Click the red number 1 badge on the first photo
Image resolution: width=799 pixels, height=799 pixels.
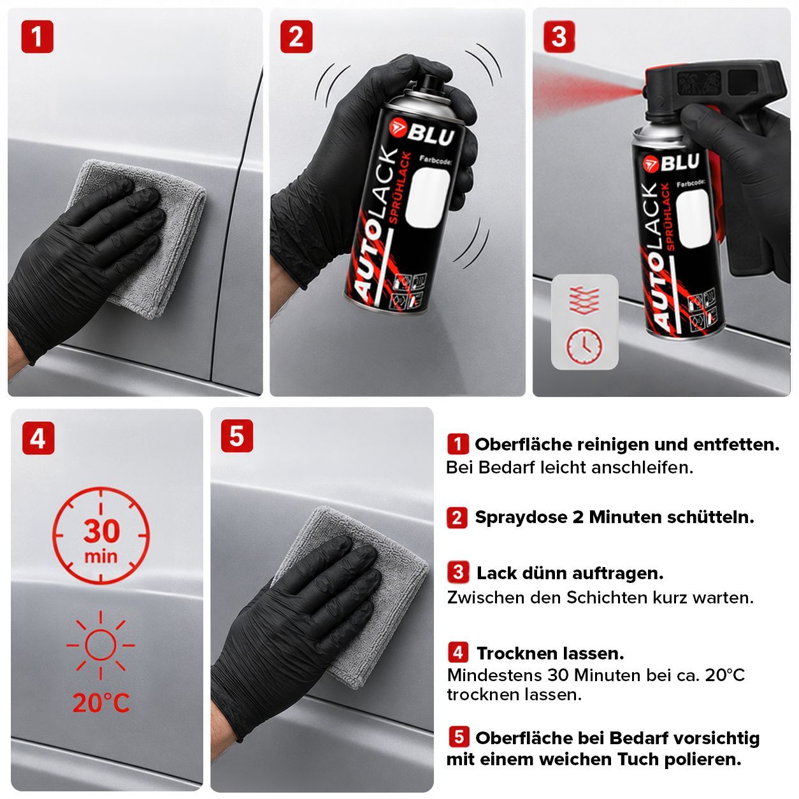pos(38,36)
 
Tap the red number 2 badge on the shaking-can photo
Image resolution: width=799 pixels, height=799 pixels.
pos(296,36)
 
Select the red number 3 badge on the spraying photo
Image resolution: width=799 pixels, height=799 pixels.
pos(559,36)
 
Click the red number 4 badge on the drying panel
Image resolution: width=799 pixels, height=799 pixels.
pos(38,438)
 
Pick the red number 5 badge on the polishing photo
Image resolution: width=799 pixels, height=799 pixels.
pos(237,436)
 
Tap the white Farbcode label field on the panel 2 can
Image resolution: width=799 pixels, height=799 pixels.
pos(428,198)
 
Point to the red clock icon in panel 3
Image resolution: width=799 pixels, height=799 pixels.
pos(584,345)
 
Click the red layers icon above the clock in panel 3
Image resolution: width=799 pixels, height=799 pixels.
pos(585,300)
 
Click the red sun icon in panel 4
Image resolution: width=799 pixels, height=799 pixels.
pos(101,645)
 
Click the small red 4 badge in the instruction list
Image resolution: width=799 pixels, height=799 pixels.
pos(458,652)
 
